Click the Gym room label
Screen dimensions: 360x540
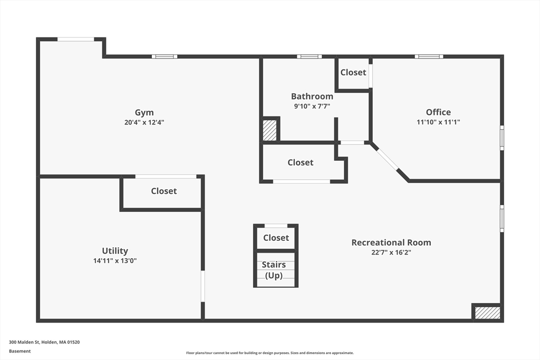(144, 112)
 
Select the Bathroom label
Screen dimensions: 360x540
(312, 96)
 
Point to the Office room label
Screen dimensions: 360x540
(438, 112)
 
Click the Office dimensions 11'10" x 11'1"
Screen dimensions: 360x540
(438, 122)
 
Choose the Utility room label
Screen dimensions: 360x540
(115, 251)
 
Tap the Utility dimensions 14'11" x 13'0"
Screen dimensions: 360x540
(115, 260)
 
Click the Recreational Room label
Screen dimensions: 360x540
(391, 242)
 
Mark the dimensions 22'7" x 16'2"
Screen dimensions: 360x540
(391, 252)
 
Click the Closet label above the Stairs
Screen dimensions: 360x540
(276, 238)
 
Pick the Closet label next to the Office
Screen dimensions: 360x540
(353, 72)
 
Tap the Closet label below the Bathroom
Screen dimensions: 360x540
(301, 162)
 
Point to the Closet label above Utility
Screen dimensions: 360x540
(164, 191)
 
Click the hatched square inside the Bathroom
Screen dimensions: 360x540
(269, 130)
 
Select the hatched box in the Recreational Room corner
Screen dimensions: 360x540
(487, 313)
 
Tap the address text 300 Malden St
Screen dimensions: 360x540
(44, 342)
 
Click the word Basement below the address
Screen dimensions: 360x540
(20, 351)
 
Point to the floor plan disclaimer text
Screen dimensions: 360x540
(269, 353)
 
